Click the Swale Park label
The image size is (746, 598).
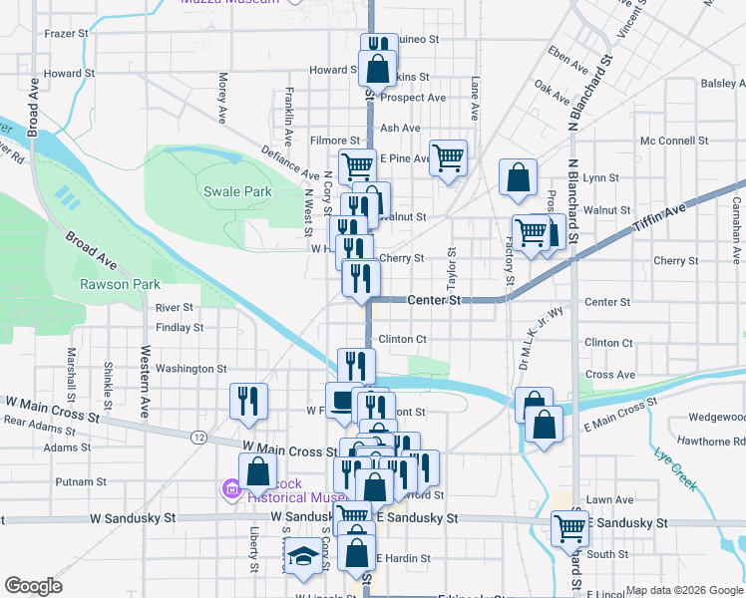coord(237,191)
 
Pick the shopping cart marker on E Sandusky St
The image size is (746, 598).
coord(570,527)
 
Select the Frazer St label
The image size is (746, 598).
coord(68,34)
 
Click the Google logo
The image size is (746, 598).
coord(33,586)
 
